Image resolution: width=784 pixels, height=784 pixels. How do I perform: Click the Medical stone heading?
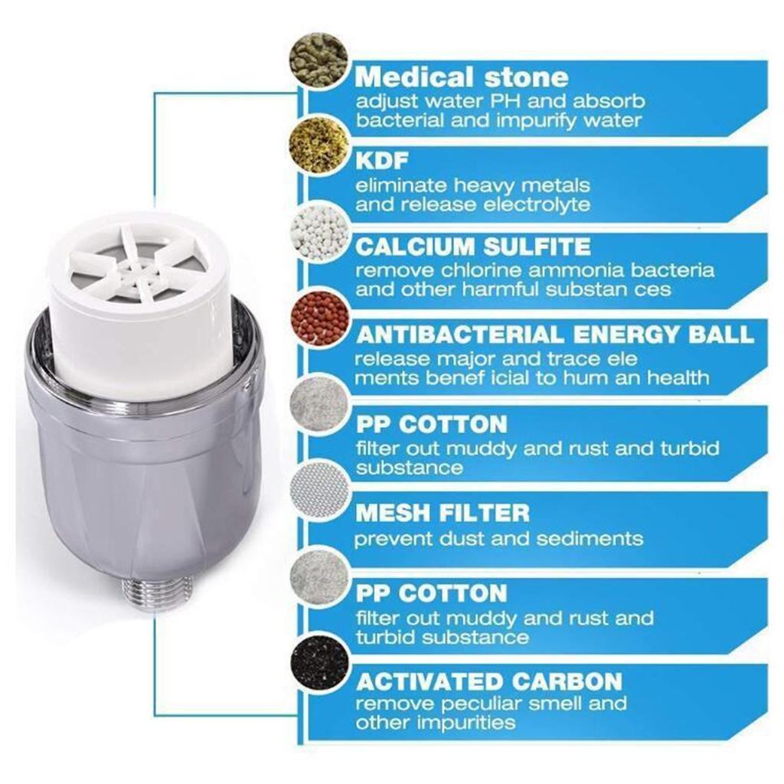click(462, 77)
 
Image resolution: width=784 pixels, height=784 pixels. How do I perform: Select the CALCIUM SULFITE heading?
click(473, 247)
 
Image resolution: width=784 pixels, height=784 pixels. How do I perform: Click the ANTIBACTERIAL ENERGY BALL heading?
click(555, 334)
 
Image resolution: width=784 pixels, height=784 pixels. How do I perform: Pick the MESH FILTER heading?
click(442, 511)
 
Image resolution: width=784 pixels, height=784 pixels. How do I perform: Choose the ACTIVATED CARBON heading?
click(489, 681)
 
